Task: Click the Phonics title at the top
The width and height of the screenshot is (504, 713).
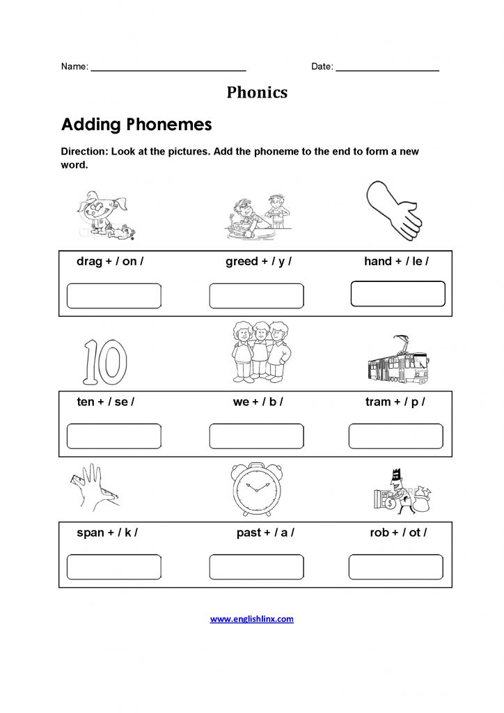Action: pyautogui.click(x=257, y=93)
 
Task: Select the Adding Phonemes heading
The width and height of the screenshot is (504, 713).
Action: pyautogui.click(x=136, y=125)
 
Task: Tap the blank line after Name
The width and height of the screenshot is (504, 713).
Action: pyautogui.click(x=168, y=68)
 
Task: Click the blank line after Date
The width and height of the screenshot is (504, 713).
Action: pyautogui.click(x=387, y=68)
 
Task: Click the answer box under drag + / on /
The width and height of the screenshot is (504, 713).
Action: pyautogui.click(x=113, y=296)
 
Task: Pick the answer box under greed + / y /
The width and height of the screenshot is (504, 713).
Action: pyautogui.click(x=256, y=296)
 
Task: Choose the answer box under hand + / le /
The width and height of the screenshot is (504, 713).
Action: pyautogui.click(x=397, y=294)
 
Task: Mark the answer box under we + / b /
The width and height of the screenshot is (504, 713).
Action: pyautogui.click(x=256, y=436)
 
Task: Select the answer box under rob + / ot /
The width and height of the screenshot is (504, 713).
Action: pyautogui.click(x=395, y=567)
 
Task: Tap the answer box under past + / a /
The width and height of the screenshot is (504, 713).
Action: pyautogui.click(x=256, y=567)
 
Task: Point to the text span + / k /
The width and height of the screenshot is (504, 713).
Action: pyautogui.click(x=107, y=533)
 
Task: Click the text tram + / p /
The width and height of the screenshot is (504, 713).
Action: pyautogui.click(x=395, y=402)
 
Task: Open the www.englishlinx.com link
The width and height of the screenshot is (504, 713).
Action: pyautogui.click(x=252, y=618)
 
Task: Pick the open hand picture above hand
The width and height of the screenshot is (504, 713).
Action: pyautogui.click(x=393, y=211)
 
